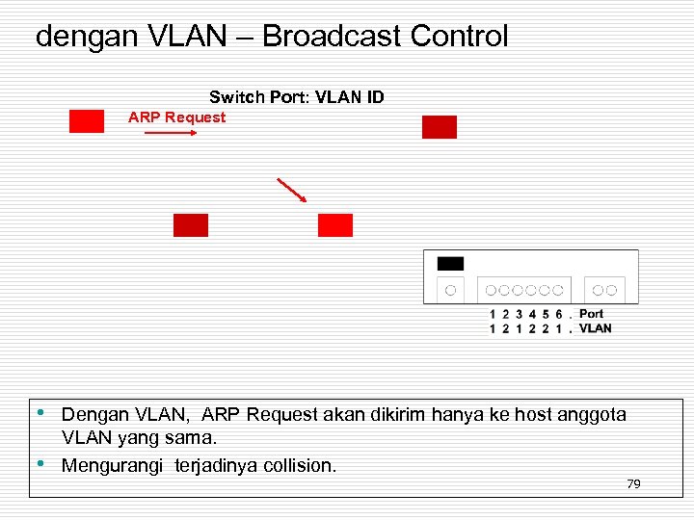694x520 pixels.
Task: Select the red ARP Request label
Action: click(x=176, y=117)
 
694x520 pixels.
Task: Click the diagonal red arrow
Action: click(x=291, y=190)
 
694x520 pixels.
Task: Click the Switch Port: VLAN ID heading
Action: click(x=296, y=97)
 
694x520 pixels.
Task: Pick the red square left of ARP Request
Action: click(x=87, y=121)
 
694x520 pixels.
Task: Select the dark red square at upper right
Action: click(x=440, y=127)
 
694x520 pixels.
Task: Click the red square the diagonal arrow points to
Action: click(x=335, y=225)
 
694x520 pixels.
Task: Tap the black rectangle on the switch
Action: click(x=450, y=264)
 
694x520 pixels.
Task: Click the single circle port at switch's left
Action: click(x=450, y=289)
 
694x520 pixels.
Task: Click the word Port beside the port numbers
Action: click(x=591, y=314)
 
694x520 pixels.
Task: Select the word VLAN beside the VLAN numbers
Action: click(x=595, y=328)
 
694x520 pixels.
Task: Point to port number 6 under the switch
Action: click(x=558, y=314)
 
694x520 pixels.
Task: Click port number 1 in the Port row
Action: click(x=494, y=314)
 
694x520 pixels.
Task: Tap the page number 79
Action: click(x=633, y=483)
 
